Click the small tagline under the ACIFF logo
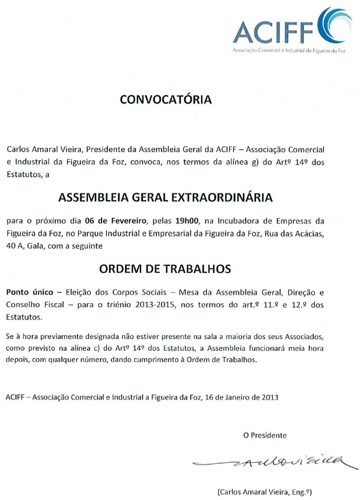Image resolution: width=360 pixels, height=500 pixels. (x=288, y=51)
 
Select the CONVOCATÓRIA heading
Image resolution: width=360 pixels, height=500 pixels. (x=166, y=100)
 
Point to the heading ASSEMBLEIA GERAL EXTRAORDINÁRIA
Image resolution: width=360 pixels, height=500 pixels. (x=166, y=197)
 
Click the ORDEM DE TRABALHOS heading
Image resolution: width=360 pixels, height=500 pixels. (x=165, y=269)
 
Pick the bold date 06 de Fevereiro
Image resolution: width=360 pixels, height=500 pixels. (x=115, y=221)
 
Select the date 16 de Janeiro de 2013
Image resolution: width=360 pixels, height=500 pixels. (x=240, y=397)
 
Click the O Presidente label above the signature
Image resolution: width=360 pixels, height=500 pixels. (x=265, y=435)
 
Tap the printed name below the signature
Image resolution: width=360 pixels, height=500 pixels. (x=264, y=492)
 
